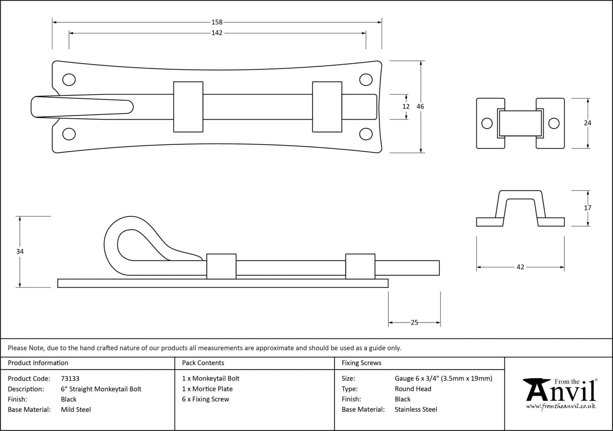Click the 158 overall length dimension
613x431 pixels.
[217, 22]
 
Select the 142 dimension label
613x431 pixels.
[217, 33]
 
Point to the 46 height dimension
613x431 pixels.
[420, 106]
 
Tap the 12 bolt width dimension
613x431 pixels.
[406, 107]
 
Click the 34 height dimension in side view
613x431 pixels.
[20, 251]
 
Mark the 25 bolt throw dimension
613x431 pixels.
[414, 322]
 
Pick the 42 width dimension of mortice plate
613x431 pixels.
[520, 267]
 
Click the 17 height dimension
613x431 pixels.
[587, 208]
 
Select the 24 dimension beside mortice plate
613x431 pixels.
[587, 123]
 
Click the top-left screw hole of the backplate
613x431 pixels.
[69, 80]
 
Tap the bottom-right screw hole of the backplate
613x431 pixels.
[366, 134]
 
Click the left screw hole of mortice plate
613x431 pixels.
[487, 123]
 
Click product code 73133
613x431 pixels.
[70, 379]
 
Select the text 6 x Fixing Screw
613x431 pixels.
[205, 399]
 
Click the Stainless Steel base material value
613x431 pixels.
[415, 409]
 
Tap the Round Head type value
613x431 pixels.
[413, 389]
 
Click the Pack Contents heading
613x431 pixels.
[203, 363]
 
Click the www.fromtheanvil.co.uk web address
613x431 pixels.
[561, 406]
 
